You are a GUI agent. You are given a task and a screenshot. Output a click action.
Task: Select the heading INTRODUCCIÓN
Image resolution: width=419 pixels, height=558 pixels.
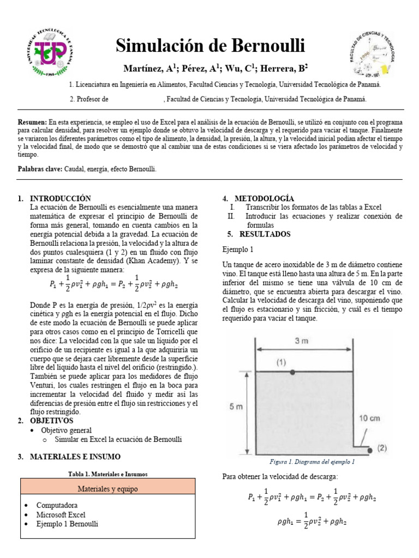[x=60, y=199]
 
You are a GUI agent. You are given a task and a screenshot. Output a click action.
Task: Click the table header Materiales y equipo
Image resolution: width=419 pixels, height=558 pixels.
[x=107, y=487]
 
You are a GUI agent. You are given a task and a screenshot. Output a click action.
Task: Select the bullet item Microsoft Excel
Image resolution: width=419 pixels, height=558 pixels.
[x=61, y=514]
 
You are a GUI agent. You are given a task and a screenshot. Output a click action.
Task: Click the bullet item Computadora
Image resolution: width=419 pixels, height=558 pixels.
[x=57, y=505]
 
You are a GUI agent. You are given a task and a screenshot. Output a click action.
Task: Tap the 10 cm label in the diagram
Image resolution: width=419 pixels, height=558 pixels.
[x=369, y=418]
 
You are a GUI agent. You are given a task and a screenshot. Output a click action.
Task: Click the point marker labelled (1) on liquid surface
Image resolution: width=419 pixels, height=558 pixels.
[x=294, y=372]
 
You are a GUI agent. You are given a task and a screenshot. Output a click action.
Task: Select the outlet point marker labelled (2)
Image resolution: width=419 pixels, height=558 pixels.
[x=370, y=450]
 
